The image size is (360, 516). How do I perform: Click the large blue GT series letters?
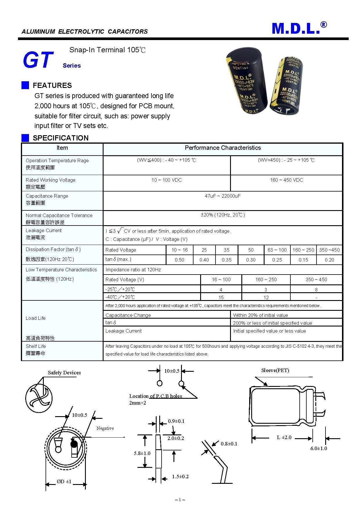click(x=38, y=60)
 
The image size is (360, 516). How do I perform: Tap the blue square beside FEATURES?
click(x=25, y=85)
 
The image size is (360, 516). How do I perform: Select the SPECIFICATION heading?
click(x=60, y=138)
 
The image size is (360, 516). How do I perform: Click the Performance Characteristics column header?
click(x=222, y=148)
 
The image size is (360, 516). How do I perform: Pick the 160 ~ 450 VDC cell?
click(x=286, y=180)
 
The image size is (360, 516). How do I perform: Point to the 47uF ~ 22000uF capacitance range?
click(x=222, y=196)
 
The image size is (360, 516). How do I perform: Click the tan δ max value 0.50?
click(x=179, y=260)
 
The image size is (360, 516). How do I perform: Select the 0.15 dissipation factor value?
click(x=303, y=260)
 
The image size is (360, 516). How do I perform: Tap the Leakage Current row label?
click(x=44, y=231)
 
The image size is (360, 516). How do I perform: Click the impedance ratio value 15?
click(x=221, y=297)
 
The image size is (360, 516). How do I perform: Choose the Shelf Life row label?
click(x=36, y=346)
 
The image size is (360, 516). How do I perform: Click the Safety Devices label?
click(x=64, y=373)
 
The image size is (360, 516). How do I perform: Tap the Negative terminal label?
click(x=105, y=428)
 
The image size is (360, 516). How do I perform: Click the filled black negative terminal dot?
click(x=74, y=444)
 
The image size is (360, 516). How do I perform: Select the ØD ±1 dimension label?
click(x=64, y=481)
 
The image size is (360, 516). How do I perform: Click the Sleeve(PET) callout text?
click(x=275, y=370)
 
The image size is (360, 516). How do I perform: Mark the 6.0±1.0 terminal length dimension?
click(x=319, y=448)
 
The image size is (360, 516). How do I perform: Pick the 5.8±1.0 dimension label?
click(x=142, y=453)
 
